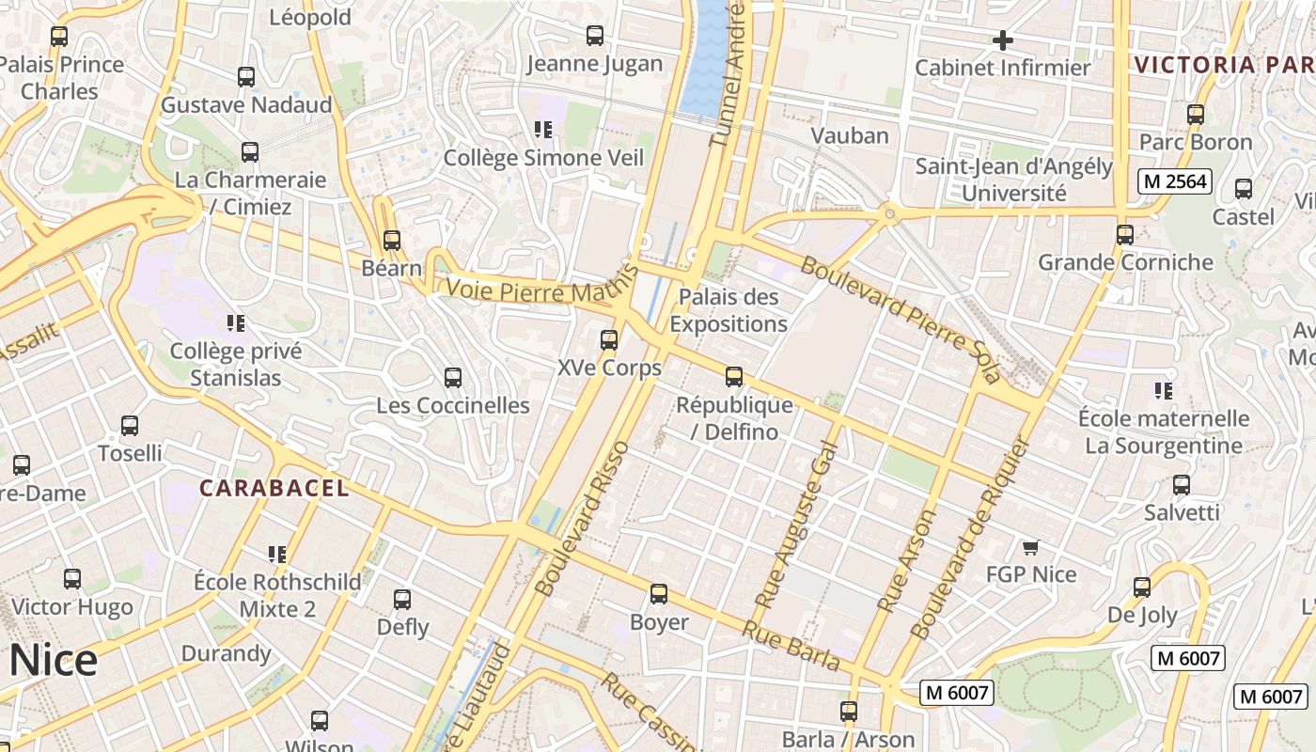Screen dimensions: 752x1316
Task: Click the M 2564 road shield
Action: coord(1175,181)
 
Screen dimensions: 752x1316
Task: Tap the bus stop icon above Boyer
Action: coord(659,594)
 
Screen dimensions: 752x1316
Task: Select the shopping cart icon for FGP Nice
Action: coord(1030,547)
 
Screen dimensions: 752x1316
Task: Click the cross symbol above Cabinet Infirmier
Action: coord(1003,40)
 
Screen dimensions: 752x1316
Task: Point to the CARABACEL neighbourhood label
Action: coord(274,488)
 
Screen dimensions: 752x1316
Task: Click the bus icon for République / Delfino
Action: coord(734,377)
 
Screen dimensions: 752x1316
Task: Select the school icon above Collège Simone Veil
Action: coord(542,130)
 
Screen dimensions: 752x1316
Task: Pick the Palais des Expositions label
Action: coord(728,310)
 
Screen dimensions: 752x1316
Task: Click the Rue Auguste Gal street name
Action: coord(795,523)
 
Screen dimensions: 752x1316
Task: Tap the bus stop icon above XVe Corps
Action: coord(609,340)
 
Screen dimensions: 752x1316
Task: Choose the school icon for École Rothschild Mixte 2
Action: coord(276,554)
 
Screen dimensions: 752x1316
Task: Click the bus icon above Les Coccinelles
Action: coord(453,378)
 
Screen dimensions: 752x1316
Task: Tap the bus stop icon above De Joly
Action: coord(1142,587)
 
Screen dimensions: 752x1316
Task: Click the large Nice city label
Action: coord(53,660)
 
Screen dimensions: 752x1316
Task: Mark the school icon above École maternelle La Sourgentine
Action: coord(1164,390)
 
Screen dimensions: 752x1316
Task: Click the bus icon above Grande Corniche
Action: coord(1125,235)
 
